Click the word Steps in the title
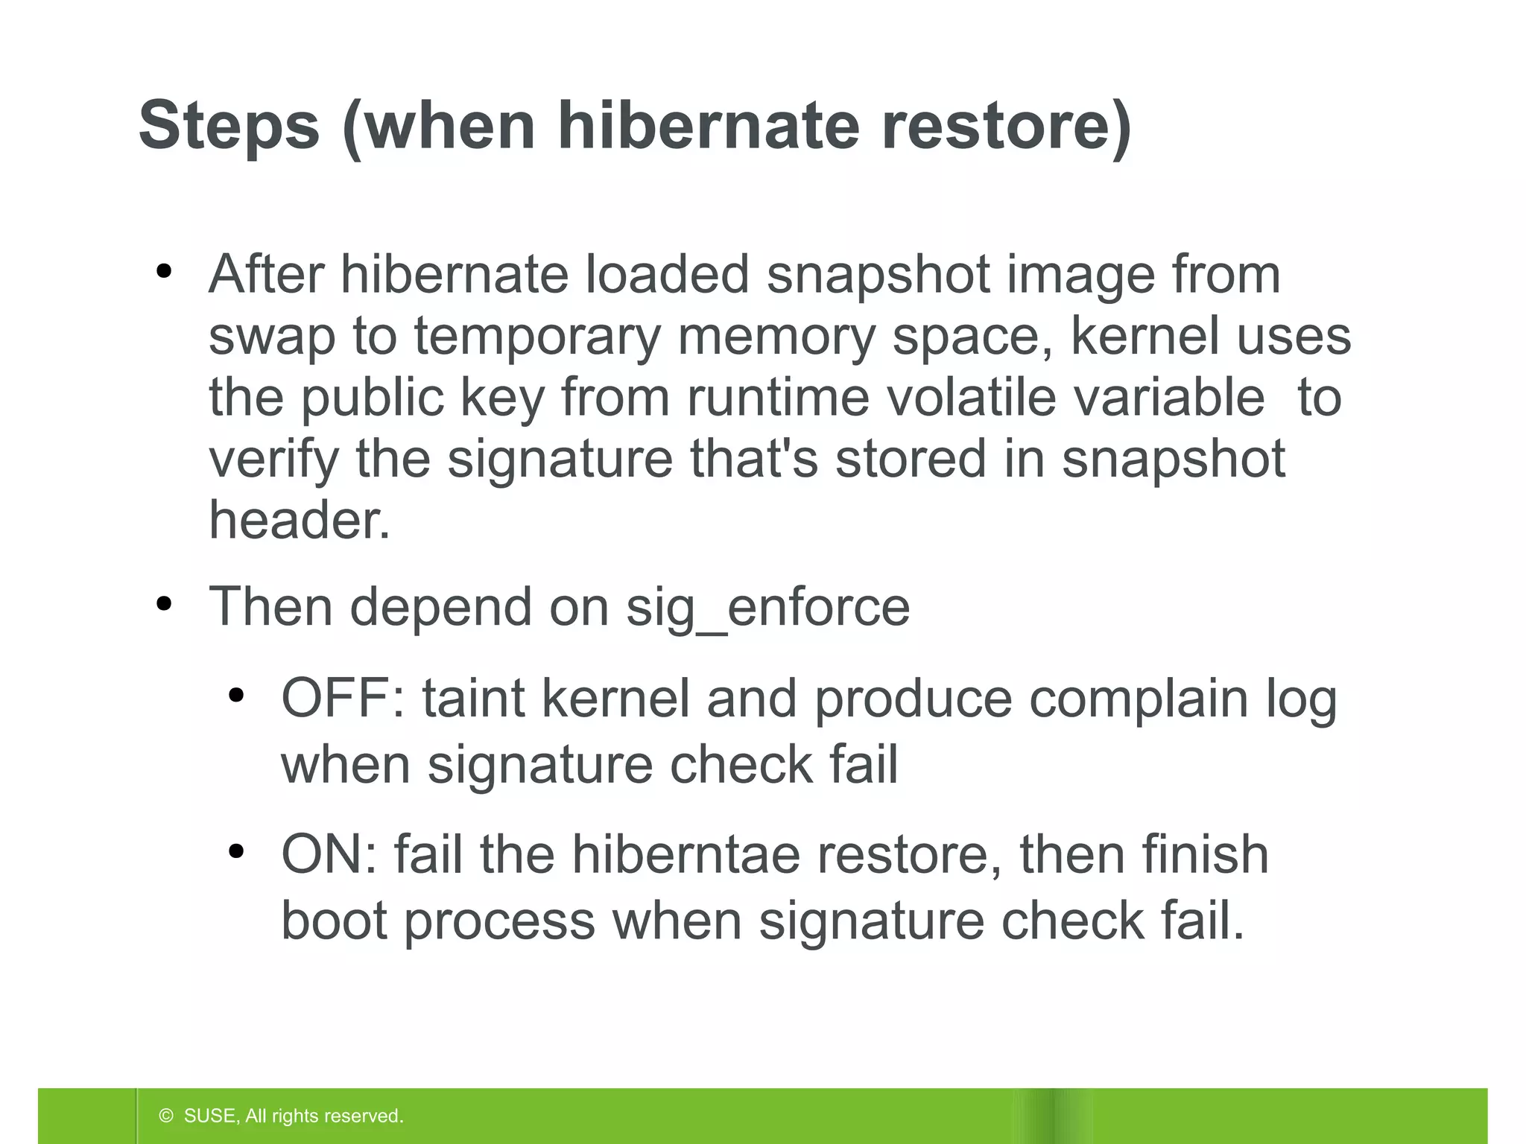229,126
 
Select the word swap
271,337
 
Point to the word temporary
537,337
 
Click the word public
373,397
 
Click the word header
299,520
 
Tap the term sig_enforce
767,608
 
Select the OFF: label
343,699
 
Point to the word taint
474,699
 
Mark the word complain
1138,699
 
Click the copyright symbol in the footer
166,1116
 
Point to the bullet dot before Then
165,604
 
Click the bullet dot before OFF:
237,696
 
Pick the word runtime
778,397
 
